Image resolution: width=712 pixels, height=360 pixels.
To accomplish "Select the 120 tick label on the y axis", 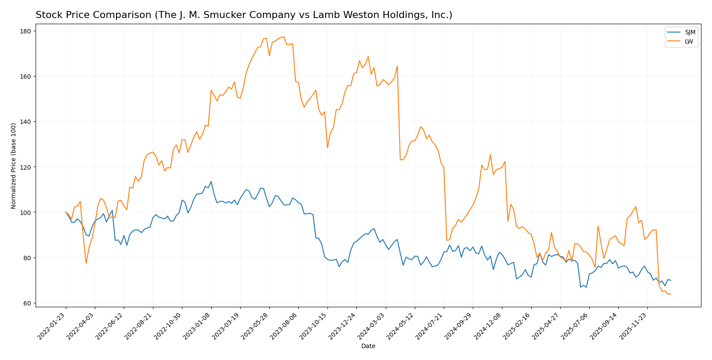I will [x=25, y=167].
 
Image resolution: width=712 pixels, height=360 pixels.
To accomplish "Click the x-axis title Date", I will [x=368, y=346].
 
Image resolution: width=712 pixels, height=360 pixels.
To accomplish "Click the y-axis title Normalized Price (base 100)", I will [x=14, y=166].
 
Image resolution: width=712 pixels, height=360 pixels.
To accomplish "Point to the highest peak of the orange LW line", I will [x=284, y=36].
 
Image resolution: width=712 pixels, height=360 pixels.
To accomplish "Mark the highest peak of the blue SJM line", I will [x=211, y=181].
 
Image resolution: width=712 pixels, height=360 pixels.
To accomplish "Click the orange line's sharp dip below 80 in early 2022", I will [x=86, y=263].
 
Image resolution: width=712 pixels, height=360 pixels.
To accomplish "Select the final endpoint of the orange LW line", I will [x=671, y=294].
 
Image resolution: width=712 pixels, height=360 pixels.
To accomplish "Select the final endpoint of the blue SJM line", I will [x=671, y=280].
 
